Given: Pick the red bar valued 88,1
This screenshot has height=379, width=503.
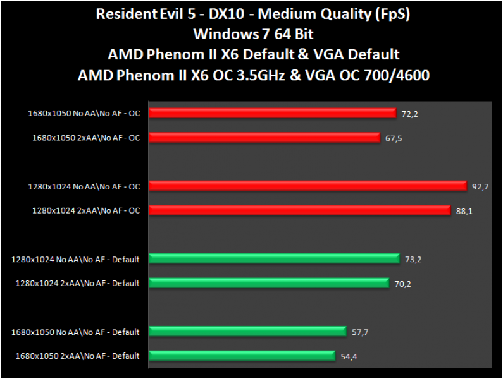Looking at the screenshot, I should [x=301, y=210].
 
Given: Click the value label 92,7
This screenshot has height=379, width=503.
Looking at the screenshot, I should [x=480, y=187].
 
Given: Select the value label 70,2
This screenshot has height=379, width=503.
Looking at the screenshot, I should [x=403, y=284].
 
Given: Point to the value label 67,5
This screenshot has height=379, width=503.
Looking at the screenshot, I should [x=394, y=138].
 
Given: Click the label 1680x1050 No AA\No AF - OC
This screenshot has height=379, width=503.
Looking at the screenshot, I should [x=84, y=113].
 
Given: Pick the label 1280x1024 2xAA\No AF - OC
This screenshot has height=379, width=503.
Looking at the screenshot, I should [x=86, y=210].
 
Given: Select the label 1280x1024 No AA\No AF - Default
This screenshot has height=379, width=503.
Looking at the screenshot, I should [x=75, y=258].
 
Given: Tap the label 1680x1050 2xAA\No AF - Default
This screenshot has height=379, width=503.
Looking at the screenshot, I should [x=77, y=356].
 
